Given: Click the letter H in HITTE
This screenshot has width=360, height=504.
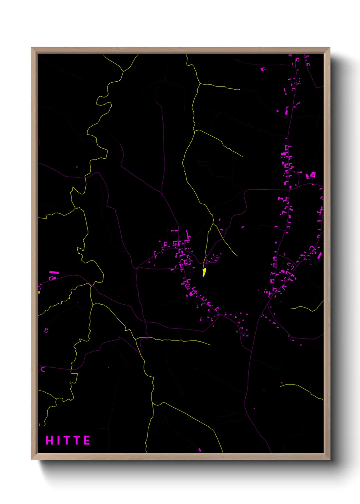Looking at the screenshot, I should click(x=49, y=440).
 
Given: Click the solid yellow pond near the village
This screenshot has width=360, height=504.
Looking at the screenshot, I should click(x=204, y=272).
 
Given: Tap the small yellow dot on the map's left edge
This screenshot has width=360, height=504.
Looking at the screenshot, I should click(x=39, y=292).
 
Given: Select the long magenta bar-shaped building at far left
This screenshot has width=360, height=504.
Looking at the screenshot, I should click(x=54, y=272).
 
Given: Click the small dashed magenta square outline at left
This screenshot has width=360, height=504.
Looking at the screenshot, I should click(x=46, y=330).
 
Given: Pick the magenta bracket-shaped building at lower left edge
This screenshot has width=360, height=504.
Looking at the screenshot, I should click(x=43, y=369).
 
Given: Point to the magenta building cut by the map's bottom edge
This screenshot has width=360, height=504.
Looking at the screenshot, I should click(x=200, y=450).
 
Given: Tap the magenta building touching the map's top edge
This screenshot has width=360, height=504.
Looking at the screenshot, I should click(x=290, y=55).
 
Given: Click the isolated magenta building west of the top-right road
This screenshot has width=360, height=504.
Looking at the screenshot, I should click(x=263, y=69).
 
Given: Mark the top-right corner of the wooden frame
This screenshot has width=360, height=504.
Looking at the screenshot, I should click(x=329, y=48).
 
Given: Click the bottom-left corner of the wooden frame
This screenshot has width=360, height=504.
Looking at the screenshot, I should click(x=32, y=459).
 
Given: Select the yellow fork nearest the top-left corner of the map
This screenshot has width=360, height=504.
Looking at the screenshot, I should click(x=123, y=72).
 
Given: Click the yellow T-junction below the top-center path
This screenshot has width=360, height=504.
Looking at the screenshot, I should click(x=200, y=83).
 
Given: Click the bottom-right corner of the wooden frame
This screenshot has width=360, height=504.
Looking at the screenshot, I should click(x=329, y=459).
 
